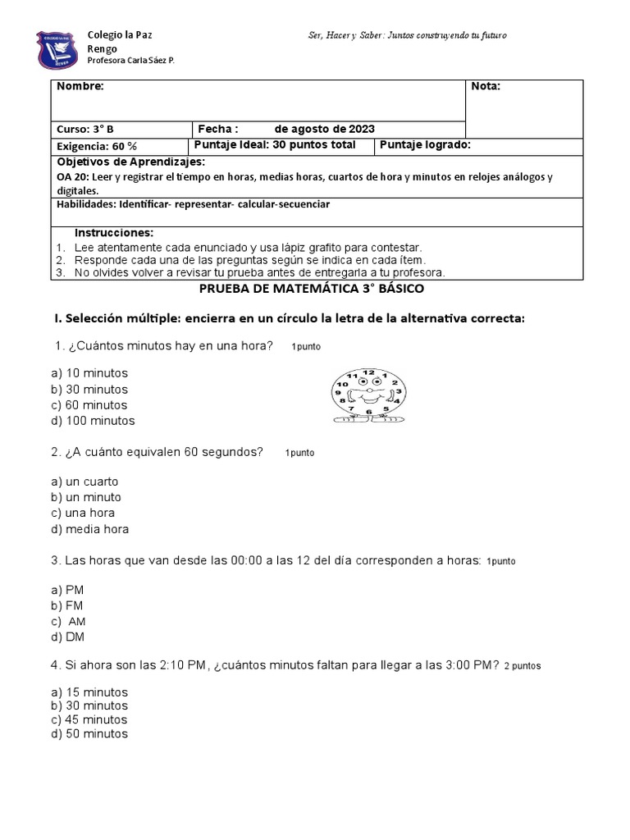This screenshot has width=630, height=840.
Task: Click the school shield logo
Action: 57,50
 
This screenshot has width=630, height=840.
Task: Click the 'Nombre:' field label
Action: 80,87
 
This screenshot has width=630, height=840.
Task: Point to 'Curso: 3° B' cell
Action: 84,130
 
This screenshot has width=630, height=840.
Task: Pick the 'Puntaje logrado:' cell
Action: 424,145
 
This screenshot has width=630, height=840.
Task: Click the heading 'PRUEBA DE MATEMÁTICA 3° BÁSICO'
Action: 312,290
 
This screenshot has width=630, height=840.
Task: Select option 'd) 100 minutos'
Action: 92,421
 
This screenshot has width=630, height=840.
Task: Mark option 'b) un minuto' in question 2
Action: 85,497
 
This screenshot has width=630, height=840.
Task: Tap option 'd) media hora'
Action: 89,529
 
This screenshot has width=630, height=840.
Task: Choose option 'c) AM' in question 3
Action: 69,622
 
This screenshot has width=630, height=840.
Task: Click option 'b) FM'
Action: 67,606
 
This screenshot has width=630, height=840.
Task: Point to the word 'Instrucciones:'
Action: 114,233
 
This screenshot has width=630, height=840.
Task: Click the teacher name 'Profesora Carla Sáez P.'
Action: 131,62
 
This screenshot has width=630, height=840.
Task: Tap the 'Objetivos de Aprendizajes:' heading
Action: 130,162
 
